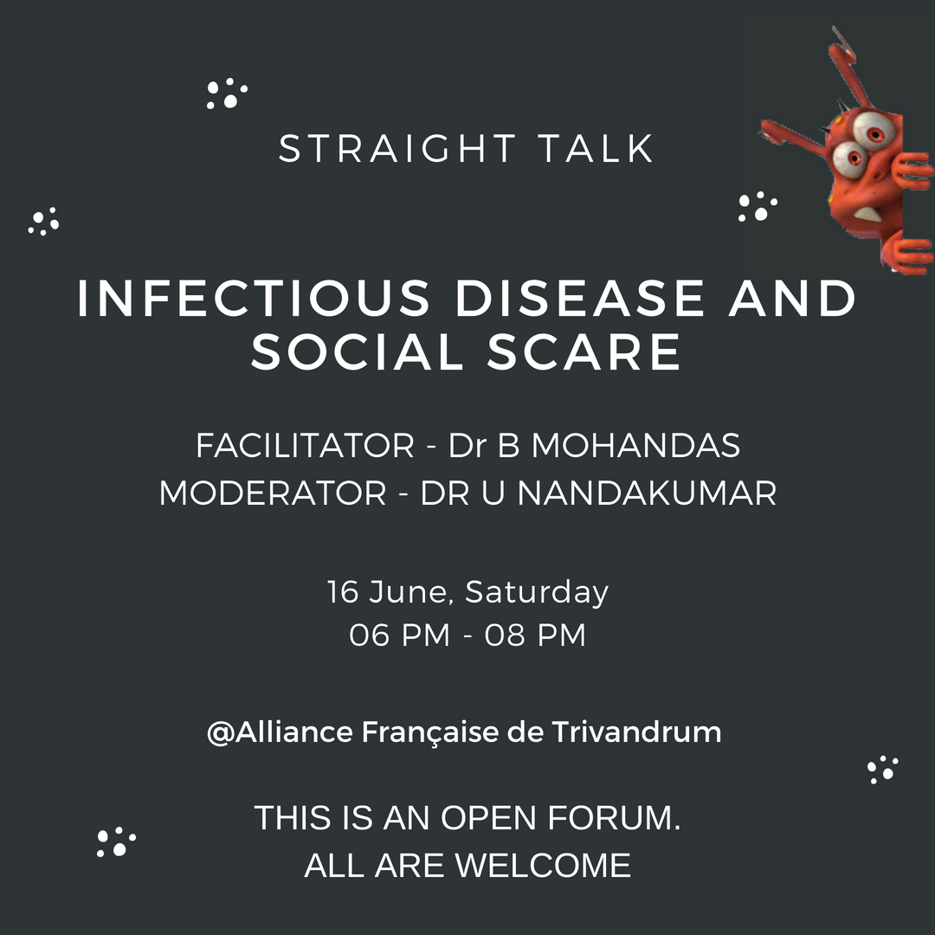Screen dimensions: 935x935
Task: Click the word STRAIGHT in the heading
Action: (x=397, y=149)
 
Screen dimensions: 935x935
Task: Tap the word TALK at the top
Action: (x=596, y=149)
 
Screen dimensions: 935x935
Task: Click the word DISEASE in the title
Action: (x=579, y=298)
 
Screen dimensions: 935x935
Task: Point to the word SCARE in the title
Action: (x=584, y=351)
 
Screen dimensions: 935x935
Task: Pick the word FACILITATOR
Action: (x=305, y=446)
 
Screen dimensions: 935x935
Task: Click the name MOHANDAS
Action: (x=635, y=446)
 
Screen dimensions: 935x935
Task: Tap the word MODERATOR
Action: (x=273, y=493)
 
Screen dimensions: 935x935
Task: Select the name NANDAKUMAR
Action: (x=647, y=493)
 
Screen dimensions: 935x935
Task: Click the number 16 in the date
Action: (x=343, y=591)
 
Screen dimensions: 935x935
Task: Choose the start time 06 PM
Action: (x=399, y=635)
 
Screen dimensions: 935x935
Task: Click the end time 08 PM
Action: (x=535, y=635)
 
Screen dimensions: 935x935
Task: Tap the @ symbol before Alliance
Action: (x=221, y=733)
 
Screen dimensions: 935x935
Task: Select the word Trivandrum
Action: (x=636, y=732)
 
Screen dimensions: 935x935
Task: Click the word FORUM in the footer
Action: (x=614, y=817)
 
